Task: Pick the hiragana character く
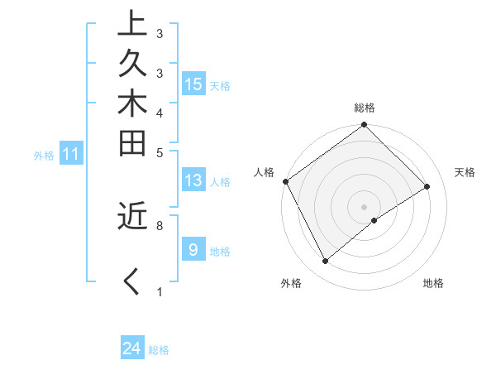(131, 281)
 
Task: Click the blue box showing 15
(193, 84)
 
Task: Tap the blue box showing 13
(193, 180)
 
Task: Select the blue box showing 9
(193, 249)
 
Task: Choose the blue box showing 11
(71, 153)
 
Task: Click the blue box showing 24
(132, 348)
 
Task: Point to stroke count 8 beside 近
(159, 225)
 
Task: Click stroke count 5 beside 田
(159, 152)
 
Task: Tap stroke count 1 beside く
(159, 291)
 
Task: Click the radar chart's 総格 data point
(365, 126)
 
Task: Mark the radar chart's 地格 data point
(374, 220)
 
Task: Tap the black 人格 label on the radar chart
(265, 172)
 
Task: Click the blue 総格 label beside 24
(159, 350)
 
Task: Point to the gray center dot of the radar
(365, 206)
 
